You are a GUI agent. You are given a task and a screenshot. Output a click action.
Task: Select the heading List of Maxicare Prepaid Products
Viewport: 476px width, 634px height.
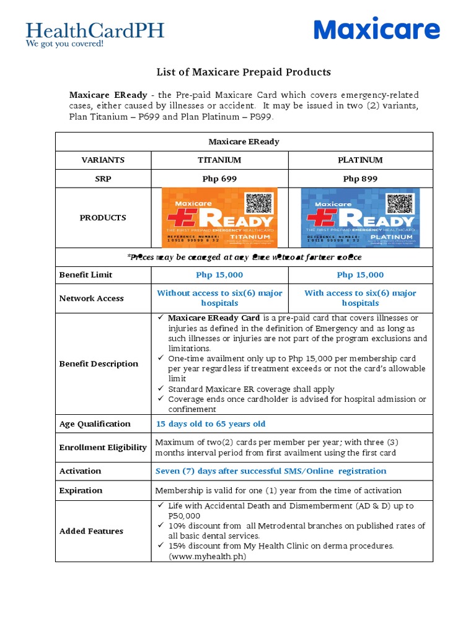[x=244, y=72]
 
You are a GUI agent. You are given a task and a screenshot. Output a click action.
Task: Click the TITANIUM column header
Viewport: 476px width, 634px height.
[x=219, y=160]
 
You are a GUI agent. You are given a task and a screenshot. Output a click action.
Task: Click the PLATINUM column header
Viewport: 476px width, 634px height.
[x=360, y=160]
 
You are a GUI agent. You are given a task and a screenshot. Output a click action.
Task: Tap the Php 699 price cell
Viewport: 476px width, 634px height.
[x=219, y=179]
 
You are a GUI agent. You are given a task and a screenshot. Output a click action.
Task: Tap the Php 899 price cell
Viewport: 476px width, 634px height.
[x=360, y=179]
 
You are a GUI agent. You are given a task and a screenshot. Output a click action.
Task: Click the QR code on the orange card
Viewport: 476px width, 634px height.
[x=259, y=204]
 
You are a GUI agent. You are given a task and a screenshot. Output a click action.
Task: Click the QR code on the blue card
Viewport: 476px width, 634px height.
[x=399, y=204]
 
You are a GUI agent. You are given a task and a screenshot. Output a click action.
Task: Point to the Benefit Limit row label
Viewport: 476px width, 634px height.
[x=86, y=275]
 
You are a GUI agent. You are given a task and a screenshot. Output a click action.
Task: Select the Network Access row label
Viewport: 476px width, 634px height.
[x=91, y=298]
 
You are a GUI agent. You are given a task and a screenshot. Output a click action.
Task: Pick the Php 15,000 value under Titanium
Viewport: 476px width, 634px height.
[x=219, y=275]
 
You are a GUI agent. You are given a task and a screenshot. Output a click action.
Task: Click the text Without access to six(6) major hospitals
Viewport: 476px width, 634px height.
[x=219, y=298]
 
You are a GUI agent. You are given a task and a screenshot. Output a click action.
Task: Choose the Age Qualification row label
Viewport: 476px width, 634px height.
[x=95, y=424]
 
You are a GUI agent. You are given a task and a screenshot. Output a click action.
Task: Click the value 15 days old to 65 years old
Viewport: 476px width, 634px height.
[x=210, y=424]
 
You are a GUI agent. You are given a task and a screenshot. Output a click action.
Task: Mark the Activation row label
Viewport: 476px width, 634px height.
[x=80, y=471]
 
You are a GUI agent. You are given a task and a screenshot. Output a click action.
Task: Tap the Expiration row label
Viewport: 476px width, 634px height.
[x=81, y=490]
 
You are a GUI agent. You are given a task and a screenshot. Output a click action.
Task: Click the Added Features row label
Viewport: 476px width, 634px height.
[x=91, y=531]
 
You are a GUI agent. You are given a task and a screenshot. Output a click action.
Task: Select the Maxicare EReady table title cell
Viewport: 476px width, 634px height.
[x=244, y=142]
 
